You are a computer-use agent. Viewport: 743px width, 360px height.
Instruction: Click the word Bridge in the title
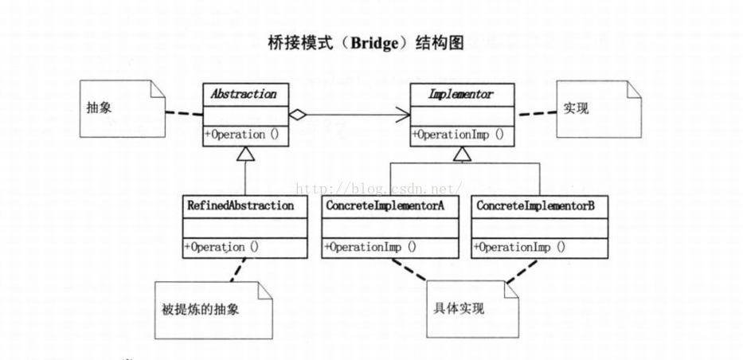(x=373, y=44)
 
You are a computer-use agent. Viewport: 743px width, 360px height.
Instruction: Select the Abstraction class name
(x=244, y=94)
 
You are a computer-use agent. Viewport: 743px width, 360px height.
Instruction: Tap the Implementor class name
(x=460, y=94)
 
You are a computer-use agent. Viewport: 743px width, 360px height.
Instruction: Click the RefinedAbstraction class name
(x=240, y=205)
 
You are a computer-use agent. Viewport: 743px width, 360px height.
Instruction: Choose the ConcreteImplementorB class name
(x=536, y=205)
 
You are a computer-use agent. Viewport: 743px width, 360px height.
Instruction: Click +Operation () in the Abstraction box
(x=242, y=135)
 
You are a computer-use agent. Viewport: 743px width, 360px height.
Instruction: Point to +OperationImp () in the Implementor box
(x=458, y=135)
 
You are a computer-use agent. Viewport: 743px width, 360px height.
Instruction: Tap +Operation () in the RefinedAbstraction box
(x=221, y=247)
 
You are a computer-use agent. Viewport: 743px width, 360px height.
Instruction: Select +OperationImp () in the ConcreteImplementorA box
(x=370, y=247)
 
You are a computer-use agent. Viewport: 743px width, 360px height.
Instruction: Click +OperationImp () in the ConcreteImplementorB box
(x=519, y=247)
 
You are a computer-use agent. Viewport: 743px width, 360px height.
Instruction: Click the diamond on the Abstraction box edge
(x=298, y=115)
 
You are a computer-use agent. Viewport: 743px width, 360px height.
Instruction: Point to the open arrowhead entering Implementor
(x=403, y=115)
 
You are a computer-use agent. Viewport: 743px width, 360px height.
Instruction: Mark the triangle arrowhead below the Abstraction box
(x=245, y=154)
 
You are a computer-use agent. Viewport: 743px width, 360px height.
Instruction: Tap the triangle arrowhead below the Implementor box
(x=462, y=154)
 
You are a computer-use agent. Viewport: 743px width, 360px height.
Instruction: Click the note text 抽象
(x=99, y=108)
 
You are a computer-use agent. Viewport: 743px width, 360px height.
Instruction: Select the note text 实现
(x=576, y=108)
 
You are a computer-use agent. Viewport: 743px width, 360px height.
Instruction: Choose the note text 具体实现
(x=459, y=308)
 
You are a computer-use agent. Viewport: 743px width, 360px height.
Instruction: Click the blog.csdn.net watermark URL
(x=378, y=190)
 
